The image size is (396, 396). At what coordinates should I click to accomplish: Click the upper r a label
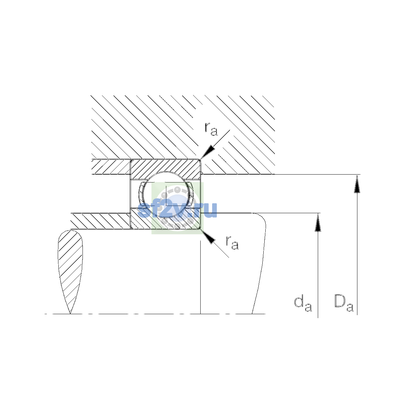[211, 129]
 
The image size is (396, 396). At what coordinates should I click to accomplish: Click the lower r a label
[232, 243]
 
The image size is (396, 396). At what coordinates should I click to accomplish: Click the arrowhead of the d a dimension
[318, 222]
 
